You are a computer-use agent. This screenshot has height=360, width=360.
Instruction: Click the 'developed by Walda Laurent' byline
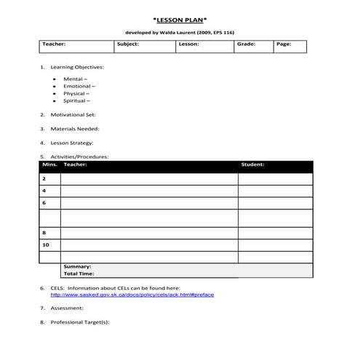coord(180,32)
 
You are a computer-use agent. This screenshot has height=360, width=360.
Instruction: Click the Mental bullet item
coord(75,79)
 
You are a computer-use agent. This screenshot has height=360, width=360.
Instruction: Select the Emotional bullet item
coord(78,86)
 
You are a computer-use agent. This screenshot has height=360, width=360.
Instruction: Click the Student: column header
coord(252,164)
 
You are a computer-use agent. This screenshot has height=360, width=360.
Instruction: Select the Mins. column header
coord(49,164)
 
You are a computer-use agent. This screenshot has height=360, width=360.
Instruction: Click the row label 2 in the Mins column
coord(44,178)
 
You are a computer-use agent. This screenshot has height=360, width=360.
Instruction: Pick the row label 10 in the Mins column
coord(46,245)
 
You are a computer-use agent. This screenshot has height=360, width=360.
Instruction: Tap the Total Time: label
coord(79,274)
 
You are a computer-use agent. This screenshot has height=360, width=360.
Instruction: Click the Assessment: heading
coord(67,308)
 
